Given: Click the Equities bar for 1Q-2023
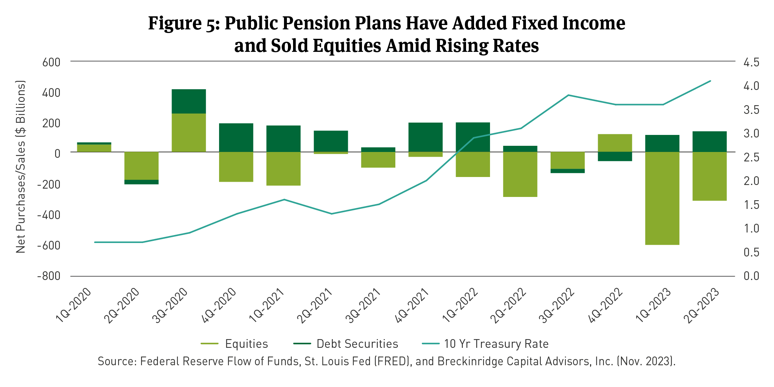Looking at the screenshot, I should tap(662, 198).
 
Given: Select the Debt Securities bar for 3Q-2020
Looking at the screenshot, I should tap(189, 101).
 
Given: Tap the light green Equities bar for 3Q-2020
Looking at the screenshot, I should tap(189, 132).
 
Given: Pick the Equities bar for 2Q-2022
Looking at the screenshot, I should tap(520, 174).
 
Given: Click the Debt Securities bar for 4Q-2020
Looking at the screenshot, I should tap(236, 137).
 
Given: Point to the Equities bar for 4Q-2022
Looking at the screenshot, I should tap(615, 143).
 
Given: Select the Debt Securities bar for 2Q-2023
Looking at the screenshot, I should tap(709, 141).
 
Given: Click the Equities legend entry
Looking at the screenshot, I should tap(246, 344).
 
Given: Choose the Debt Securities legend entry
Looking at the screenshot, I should tap(357, 344).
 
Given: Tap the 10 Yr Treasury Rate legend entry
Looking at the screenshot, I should tap(496, 344).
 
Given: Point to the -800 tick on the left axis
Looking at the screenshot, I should tap(49, 276).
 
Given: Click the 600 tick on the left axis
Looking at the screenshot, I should tap(51, 62).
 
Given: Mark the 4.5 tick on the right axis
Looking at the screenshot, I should tap(751, 62).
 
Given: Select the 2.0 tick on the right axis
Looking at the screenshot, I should tap(751, 181).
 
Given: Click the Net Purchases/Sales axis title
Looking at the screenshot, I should tap(21, 167).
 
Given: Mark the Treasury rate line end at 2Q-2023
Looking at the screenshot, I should tap(710, 81).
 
